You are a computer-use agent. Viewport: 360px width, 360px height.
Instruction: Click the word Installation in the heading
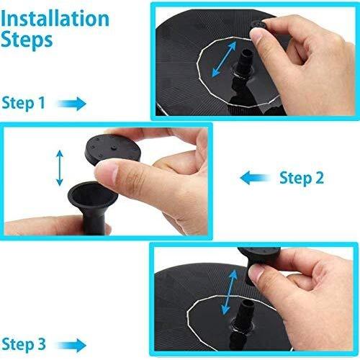[55, 19]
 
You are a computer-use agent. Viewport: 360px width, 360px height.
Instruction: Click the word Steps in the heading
[27, 40]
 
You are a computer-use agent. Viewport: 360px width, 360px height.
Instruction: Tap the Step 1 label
[23, 103]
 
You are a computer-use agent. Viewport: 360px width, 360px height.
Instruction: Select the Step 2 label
[302, 178]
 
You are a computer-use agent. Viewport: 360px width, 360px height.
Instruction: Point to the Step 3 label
[24, 344]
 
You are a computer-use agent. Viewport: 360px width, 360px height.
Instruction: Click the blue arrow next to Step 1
[72, 104]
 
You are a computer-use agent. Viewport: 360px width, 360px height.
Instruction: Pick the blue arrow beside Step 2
[255, 178]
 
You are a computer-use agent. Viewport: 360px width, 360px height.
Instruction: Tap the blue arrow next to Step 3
[72, 345]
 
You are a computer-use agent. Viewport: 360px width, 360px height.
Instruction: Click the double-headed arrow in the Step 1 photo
[224, 59]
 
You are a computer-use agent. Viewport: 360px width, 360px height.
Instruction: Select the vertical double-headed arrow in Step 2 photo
[60, 168]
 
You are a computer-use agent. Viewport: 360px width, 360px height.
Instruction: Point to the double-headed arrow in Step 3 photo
[229, 292]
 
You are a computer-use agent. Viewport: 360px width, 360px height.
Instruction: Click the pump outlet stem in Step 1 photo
[245, 63]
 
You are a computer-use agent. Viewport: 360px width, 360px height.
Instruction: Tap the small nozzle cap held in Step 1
[258, 26]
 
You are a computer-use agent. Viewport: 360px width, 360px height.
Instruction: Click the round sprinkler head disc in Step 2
[112, 150]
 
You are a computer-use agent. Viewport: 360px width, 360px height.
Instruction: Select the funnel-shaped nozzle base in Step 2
[93, 207]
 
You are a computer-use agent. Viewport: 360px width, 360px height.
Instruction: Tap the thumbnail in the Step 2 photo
[107, 173]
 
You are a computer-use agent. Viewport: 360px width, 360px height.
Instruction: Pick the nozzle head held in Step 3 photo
[260, 262]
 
